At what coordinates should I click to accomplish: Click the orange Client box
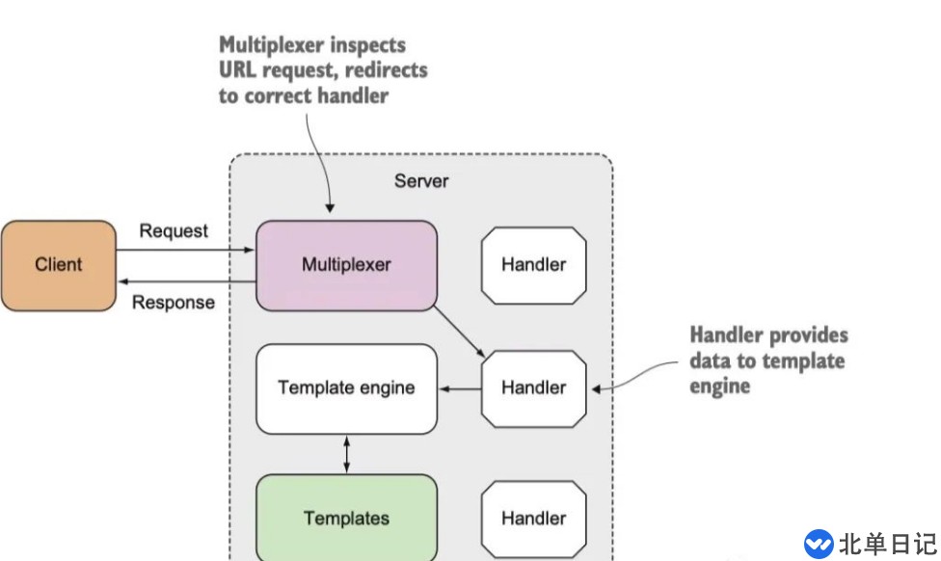(x=58, y=265)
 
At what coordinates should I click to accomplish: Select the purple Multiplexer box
(x=346, y=265)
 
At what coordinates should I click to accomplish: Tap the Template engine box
(x=346, y=388)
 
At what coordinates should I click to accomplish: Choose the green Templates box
(x=346, y=519)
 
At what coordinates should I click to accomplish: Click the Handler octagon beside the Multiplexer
(x=534, y=265)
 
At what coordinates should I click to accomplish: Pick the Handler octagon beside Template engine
(x=534, y=388)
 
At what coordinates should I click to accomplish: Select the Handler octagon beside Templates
(x=534, y=519)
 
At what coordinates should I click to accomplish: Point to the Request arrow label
(x=174, y=231)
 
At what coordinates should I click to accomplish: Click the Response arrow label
(x=174, y=303)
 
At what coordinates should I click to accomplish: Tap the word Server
(x=421, y=180)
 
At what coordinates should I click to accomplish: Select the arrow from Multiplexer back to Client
(x=185, y=281)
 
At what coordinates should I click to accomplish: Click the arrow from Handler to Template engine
(x=460, y=389)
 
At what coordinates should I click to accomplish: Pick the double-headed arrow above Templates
(x=346, y=454)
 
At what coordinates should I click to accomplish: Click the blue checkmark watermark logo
(x=819, y=543)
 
